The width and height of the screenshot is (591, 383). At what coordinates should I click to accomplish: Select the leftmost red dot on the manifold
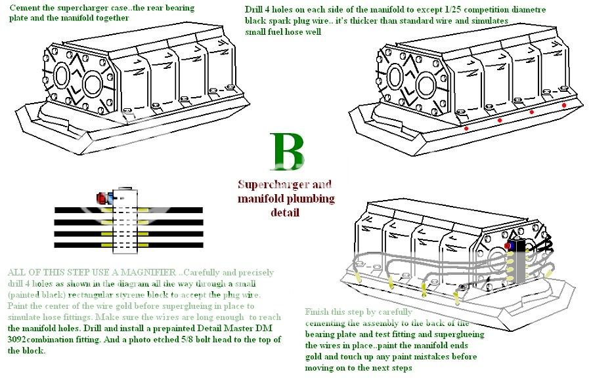tap(466, 129)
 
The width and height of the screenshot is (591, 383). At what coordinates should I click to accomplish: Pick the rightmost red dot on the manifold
tap(563, 105)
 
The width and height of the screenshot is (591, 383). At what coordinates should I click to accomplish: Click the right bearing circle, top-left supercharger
tap(93, 84)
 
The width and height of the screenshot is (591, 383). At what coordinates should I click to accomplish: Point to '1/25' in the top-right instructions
tap(452, 10)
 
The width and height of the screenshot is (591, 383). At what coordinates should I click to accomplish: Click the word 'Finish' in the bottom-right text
tap(320, 312)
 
